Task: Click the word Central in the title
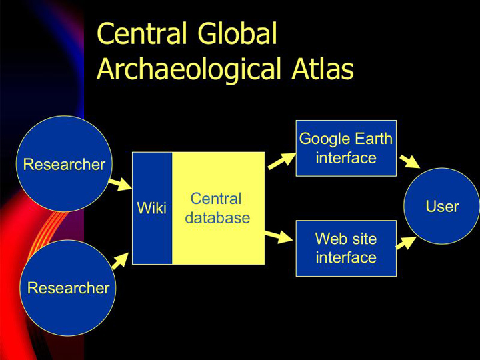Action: pyautogui.click(x=142, y=33)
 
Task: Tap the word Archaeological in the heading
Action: pyautogui.click(x=189, y=70)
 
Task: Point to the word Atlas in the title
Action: pyautogui.click(x=323, y=69)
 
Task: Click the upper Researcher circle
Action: pyautogui.click(x=64, y=164)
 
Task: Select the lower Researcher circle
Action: pyautogui.click(x=68, y=288)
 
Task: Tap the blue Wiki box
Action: pyautogui.click(x=152, y=208)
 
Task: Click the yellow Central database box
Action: pyautogui.click(x=218, y=208)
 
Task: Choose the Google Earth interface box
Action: pyautogui.click(x=346, y=148)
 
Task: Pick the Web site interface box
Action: pyautogui.click(x=346, y=248)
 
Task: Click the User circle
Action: pyautogui.click(x=442, y=206)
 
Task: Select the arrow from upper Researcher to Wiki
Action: pyautogui.click(x=120, y=184)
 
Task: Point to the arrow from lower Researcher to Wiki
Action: pyautogui.click(x=120, y=261)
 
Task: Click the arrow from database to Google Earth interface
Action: pyautogui.click(x=282, y=161)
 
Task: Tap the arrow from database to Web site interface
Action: pyautogui.click(x=279, y=237)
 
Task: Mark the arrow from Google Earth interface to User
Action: pyautogui.click(x=410, y=161)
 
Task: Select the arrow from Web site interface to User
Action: pyautogui.click(x=406, y=243)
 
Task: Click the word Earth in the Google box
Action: pyautogui.click(x=374, y=139)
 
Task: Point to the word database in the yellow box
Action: pyautogui.click(x=217, y=217)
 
